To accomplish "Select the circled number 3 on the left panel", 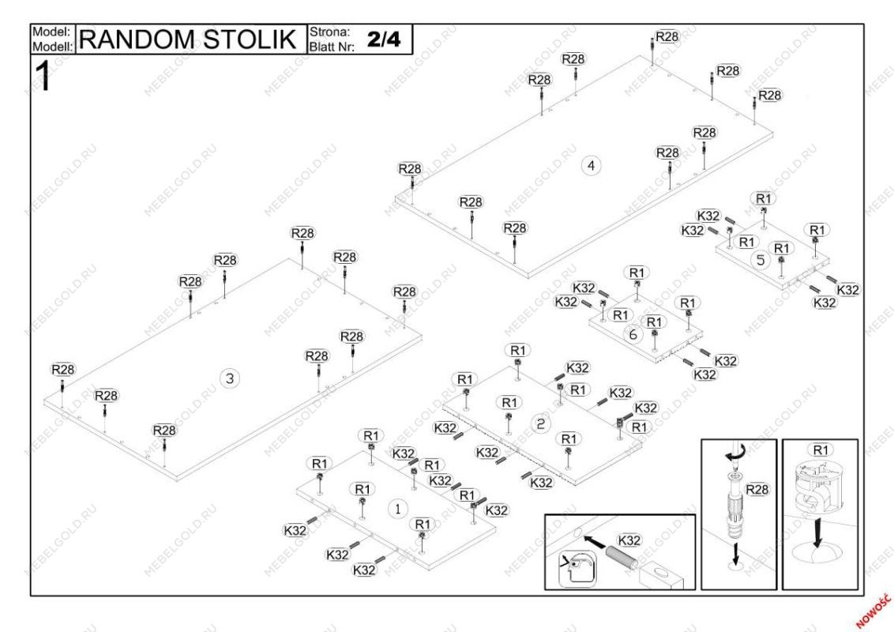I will (230, 378).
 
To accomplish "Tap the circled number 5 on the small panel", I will (761, 260).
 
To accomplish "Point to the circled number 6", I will (633, 334).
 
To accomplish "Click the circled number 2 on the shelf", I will (540, 424).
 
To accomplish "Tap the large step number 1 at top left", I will (44, 77).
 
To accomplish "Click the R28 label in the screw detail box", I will (757, 490).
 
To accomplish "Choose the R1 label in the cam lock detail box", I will (821, 450).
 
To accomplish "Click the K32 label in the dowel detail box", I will (629, 540).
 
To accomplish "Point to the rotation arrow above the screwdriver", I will (734, 456).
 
